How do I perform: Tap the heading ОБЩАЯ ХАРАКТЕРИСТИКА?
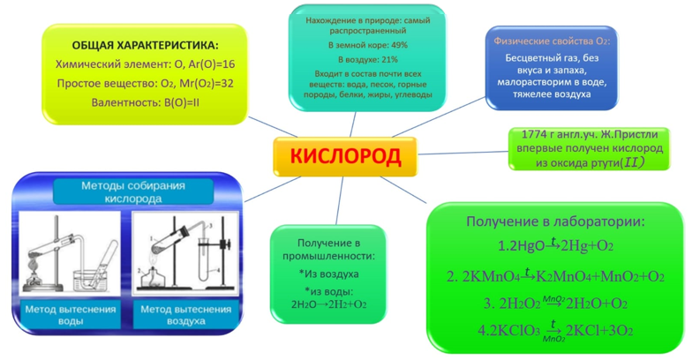pos(145,45)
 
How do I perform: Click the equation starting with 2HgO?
pos(555,246)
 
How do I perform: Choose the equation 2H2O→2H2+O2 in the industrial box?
pos(329,304)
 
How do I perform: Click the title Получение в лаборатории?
pos(555,221)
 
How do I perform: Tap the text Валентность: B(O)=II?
pos(145,102)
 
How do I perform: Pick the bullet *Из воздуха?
pos(328,274)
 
